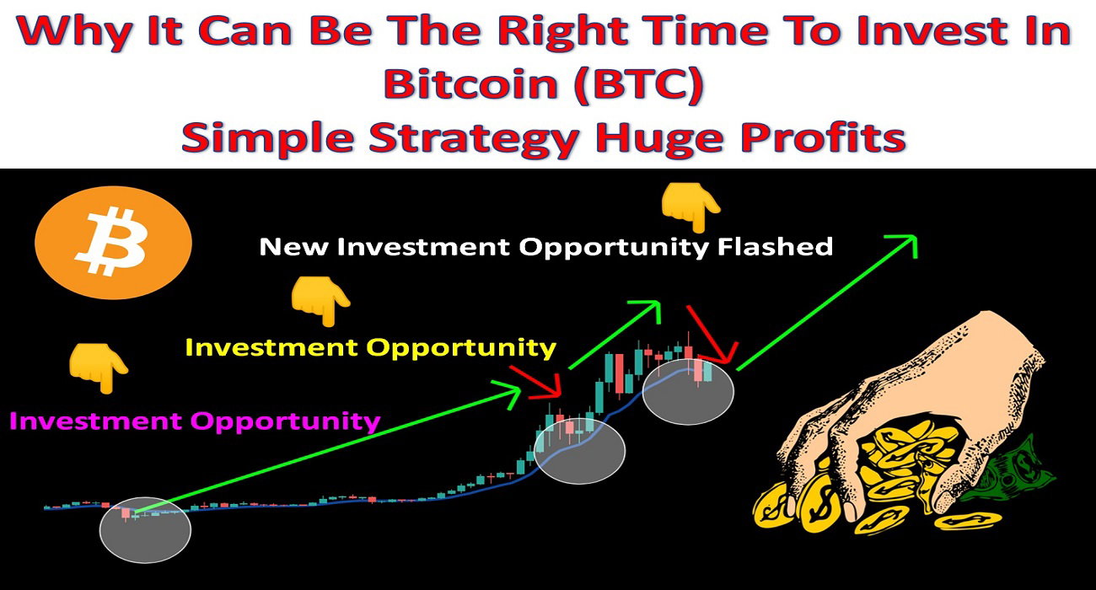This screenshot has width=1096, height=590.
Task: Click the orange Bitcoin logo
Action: tap(113, 243)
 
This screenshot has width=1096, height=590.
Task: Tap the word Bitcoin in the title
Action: tap(470, 83)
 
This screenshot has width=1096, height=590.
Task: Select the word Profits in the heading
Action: tap(824, 137)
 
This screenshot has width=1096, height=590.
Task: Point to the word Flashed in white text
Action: tap(775, 247)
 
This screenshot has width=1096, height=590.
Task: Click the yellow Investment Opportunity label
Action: tap(371, 348)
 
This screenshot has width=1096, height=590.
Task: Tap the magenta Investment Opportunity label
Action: tap(195, 421)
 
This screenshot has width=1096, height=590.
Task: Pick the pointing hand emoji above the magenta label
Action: tap(99, 367)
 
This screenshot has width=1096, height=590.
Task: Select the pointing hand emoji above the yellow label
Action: tap(320, 300)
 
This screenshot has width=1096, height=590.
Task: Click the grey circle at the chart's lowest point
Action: tap(145, 530)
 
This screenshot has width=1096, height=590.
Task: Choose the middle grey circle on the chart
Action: tap(579, 451)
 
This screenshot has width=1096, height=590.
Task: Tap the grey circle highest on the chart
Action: tap(688, 391)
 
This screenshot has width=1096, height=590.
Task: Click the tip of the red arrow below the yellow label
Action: tap(561, 396)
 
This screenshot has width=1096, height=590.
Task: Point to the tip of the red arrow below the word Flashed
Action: tap(730, 362)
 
